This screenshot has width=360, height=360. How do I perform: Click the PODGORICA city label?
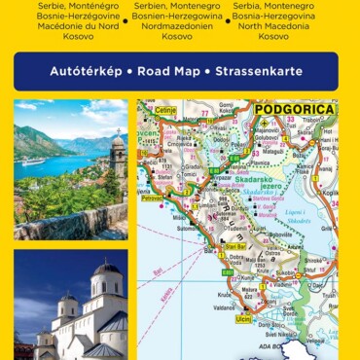click(x=294, y=109)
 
